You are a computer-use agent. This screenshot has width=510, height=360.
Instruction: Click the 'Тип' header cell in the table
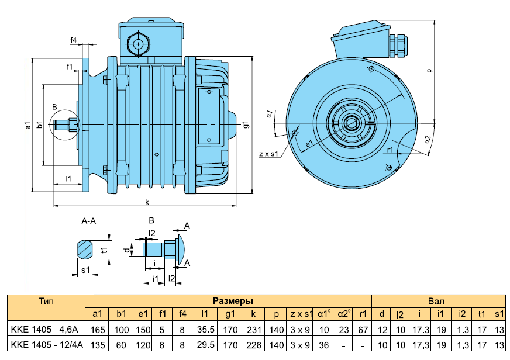point(46,301)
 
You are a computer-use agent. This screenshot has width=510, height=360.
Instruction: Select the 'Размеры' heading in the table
point(233,301)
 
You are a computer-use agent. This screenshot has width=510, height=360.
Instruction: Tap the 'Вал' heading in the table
point(436,301)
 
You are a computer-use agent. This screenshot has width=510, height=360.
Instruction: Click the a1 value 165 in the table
point(98,330)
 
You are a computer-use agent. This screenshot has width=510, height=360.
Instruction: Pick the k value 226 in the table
point(254,345)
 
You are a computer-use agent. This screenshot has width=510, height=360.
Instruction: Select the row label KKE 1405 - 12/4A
point(47,345)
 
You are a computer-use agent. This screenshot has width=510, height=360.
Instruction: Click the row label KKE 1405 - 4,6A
point(44,330)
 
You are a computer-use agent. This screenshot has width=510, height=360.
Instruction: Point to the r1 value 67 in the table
point(363,330)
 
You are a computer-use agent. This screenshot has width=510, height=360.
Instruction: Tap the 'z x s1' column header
point(301,314)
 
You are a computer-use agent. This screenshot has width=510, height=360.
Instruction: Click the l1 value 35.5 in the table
point(206,330)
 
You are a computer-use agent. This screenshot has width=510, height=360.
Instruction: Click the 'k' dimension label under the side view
point(147,202)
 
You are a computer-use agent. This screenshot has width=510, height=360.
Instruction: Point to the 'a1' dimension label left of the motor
point(28,125)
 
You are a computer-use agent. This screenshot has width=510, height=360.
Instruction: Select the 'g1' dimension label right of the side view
point(247,124)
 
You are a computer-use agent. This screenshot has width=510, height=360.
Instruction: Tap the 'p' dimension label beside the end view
point(430,71)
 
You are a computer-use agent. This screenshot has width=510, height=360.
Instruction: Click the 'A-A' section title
point(88,221)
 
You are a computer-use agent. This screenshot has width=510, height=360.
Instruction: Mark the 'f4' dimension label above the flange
point(74,40)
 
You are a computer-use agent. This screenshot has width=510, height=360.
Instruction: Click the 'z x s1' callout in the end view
point(268,154)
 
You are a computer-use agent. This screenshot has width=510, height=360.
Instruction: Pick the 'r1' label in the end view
point(390,150)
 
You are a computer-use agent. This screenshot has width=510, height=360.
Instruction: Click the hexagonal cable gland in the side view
point(138,44)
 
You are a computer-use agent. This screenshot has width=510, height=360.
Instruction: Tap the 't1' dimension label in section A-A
point(104,250)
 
